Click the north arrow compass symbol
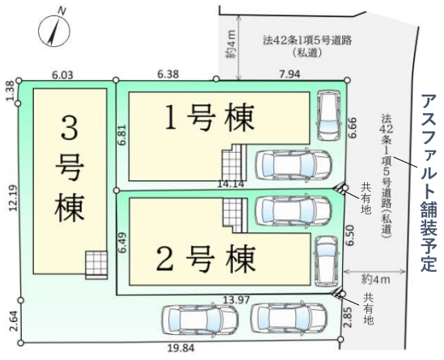(54, 29)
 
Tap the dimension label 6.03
(62, 75)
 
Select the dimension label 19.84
(181, 348)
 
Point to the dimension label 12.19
(13, 198)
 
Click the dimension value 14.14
(230, 184)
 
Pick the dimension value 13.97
(236, 299)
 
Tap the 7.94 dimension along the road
(290, 74)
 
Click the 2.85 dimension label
(349, 317)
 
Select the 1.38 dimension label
(10, 91)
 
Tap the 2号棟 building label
(206, 259)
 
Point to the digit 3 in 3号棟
(70, 129)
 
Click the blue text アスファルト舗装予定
(429, 184)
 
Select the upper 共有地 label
(366, 198)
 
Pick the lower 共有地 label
(369, 308)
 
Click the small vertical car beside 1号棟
(328, 115)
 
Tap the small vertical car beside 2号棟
(327, 261)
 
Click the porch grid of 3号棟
(96, 265)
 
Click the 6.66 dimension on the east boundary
(353, 128)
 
